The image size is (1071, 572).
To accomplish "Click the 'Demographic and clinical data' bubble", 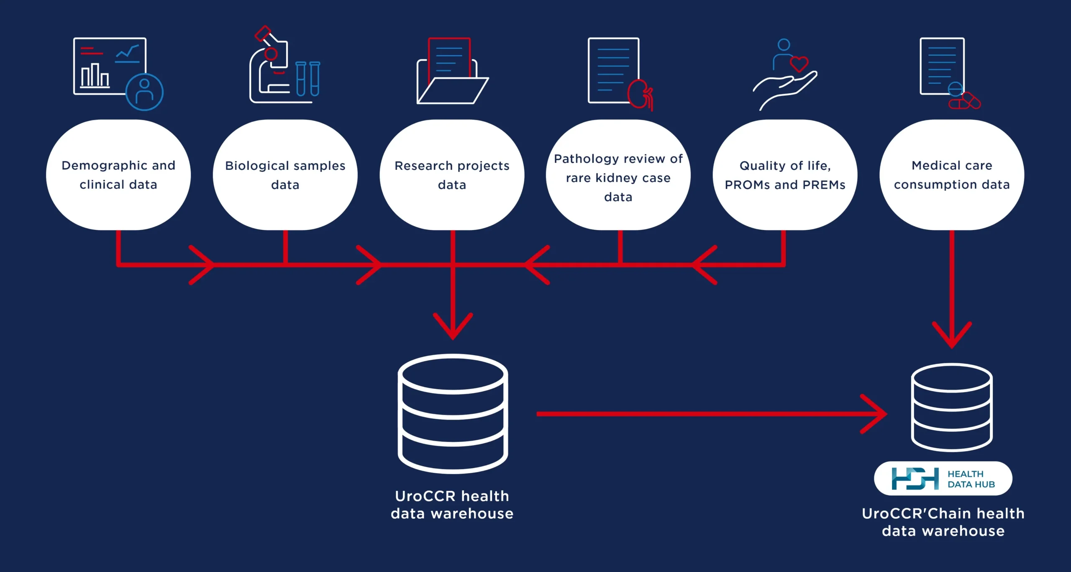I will [118, 175].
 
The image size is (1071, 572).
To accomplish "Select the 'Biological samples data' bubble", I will [285, 175].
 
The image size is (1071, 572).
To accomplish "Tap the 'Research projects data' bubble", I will [452, 175].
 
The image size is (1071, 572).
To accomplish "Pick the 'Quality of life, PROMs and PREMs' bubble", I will [785, 175].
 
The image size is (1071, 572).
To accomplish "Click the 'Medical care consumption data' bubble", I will [952, 175].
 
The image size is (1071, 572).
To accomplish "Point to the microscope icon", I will [270, 67].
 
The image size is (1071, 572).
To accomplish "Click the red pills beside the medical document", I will [965, 101].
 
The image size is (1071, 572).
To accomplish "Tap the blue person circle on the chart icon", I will [144, 92].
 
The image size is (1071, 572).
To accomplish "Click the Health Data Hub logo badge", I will [943, 478].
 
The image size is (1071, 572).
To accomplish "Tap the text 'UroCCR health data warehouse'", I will [452, 505].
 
